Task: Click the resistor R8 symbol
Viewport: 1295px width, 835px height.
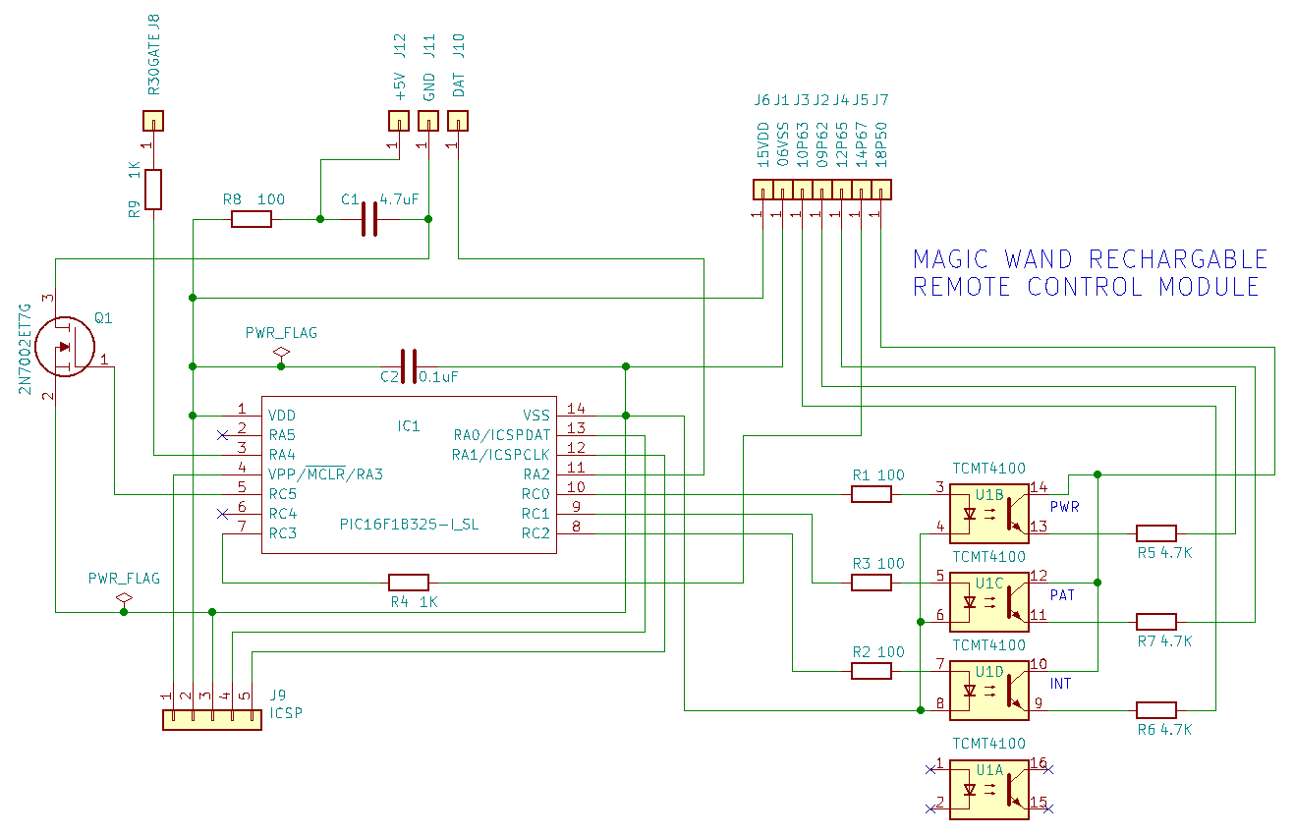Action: [251, 219]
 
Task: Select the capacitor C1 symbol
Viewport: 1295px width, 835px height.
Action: [369, 219]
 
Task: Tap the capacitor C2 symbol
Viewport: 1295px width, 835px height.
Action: [409, 366]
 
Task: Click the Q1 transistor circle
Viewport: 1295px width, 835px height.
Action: [65, 347]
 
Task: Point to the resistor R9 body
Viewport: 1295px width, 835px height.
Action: [153, 190]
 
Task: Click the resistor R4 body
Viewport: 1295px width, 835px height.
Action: [409, 583]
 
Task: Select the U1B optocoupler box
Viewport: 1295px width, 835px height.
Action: [989, 514]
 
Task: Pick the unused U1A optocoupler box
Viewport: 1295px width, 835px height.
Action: [989, 790]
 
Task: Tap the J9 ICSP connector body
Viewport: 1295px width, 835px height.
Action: [212, 720]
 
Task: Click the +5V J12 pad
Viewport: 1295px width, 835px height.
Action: [399, 121]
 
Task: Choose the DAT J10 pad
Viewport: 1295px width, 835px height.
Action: [458, 121]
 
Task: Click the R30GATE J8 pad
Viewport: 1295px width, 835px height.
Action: [153, 121]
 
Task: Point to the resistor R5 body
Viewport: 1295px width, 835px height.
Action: [1156, 533]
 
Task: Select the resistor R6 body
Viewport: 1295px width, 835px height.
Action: [1156, 710]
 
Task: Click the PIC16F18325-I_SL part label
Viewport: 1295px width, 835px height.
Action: [410, 525]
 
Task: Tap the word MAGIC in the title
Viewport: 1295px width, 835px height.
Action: [951, 259]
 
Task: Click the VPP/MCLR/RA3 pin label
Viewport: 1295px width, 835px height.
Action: [325, 474]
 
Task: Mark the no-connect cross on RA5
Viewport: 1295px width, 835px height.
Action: [223, 435]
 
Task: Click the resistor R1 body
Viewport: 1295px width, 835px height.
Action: [872, 494]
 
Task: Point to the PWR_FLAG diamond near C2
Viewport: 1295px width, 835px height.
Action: [281, 352]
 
